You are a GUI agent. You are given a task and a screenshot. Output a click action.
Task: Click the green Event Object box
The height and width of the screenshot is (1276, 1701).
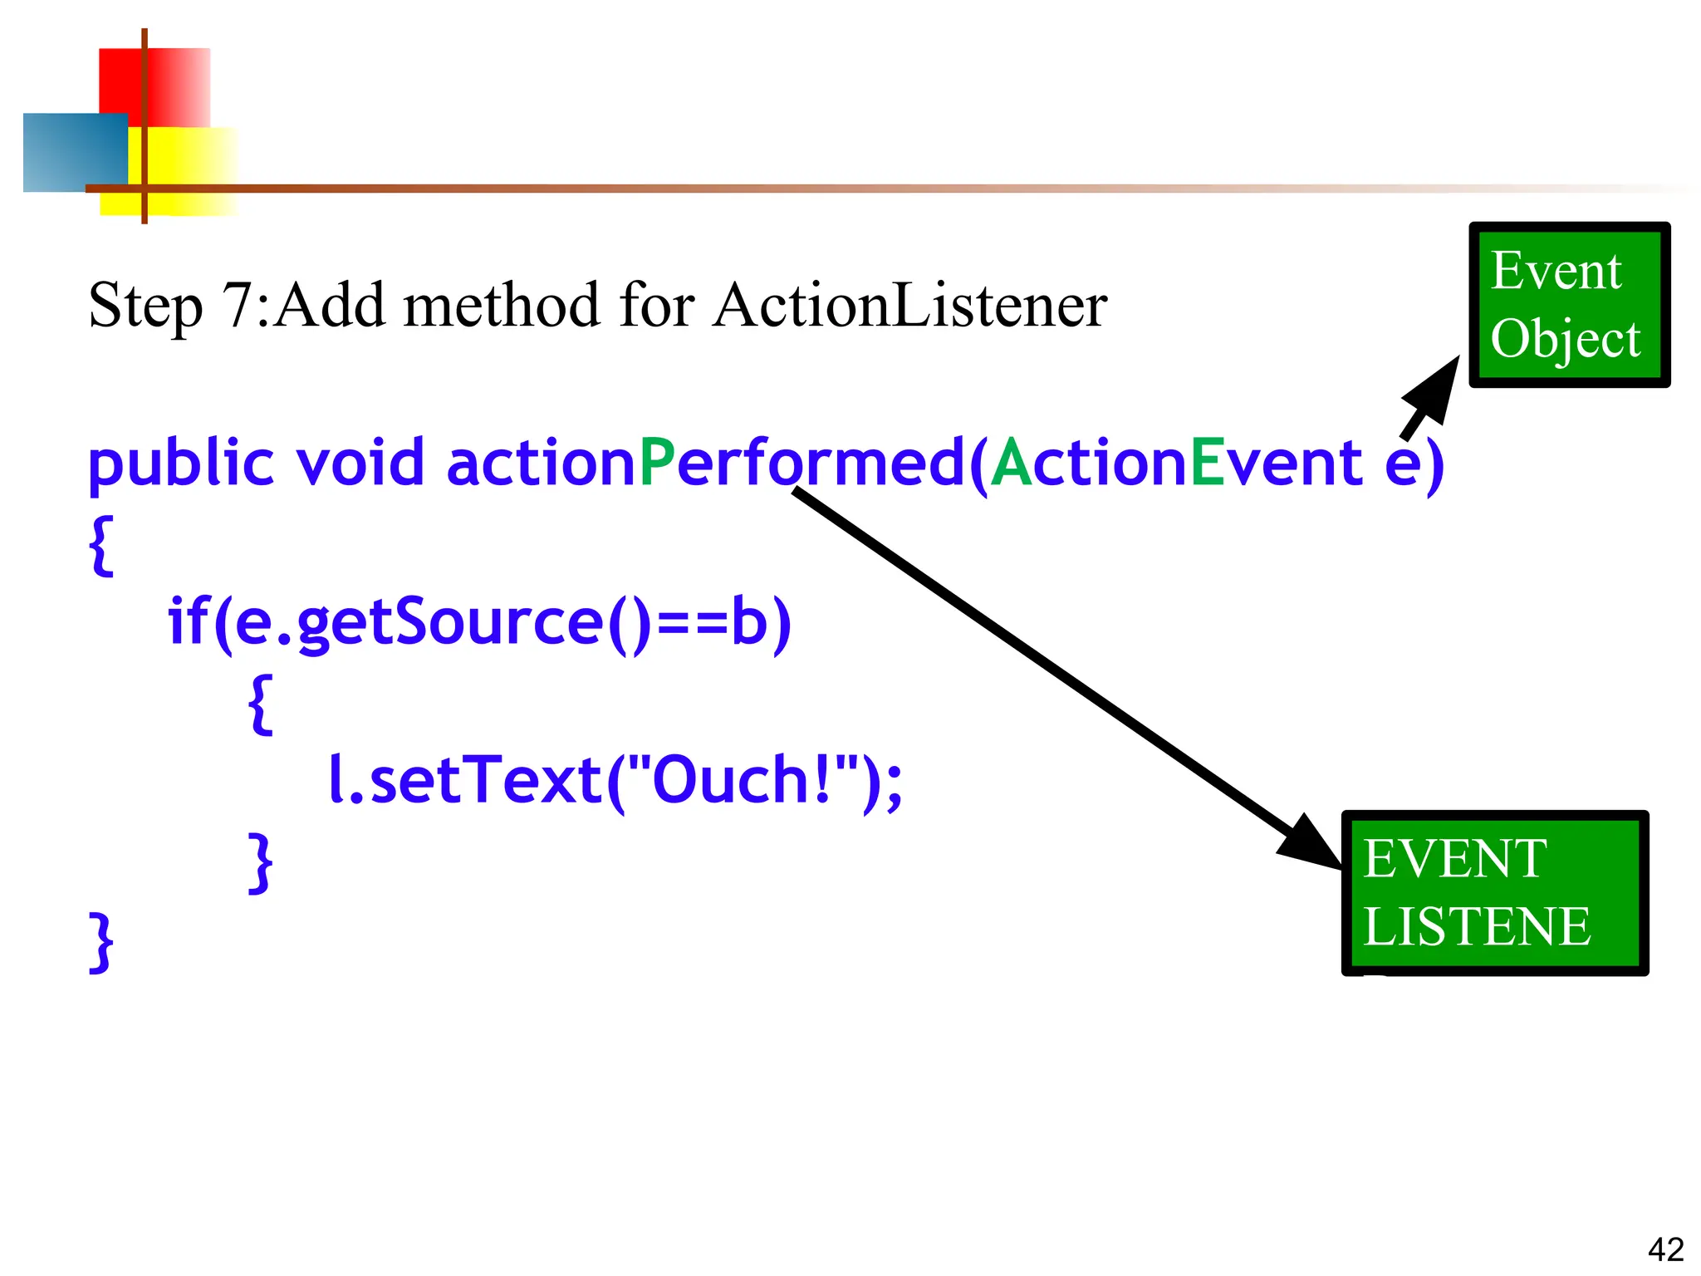pyautogui.click(x=1568, y=305)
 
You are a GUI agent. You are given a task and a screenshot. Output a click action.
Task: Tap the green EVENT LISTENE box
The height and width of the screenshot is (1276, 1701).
pyautogui.click(x=1494, y=893)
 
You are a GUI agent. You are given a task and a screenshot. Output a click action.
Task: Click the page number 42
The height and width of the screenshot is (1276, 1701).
pyautogui.click(x=1665, y=1249)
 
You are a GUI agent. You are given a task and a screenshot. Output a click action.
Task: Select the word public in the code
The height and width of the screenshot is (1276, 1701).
pyautogui.click(x=180, y=464)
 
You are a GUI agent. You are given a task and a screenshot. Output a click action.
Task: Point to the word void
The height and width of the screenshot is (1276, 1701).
pyautogui.click(x=360, y=463)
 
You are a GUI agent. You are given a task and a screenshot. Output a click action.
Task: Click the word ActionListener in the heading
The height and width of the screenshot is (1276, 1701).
pyautogui.click(x=909, y=306)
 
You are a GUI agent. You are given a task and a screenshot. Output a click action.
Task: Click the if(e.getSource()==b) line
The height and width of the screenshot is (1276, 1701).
pyautogui.click(x=479, y=621)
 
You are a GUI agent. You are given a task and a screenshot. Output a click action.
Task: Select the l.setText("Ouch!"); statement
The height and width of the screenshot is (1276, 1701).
pyautogui.click(x=615, y=780)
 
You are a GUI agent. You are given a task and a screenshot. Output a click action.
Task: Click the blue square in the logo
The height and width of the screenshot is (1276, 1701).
pyautogui.click(x=73, y=153)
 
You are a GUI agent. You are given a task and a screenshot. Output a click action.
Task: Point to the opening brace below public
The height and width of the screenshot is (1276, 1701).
pyautogui.click(x=100, y=545)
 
